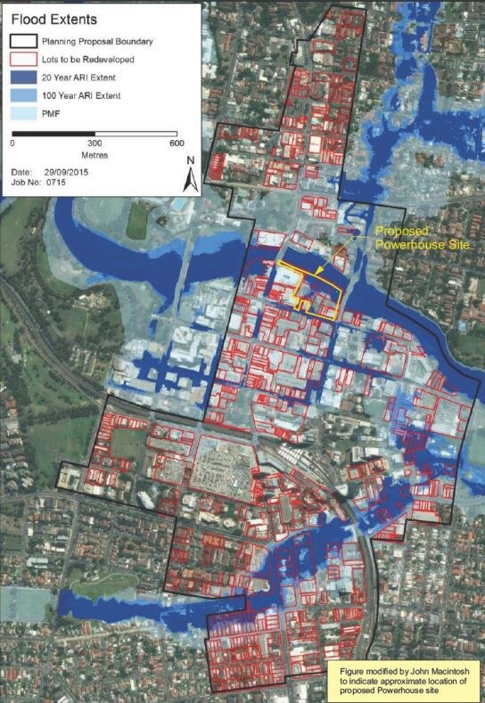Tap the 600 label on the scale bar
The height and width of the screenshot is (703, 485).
176,143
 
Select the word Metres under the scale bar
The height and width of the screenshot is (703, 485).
94,156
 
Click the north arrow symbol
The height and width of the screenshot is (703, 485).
190,181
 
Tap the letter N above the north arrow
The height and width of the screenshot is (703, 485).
190,161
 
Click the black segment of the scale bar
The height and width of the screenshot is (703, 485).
53,133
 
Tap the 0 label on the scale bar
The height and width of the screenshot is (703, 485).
12,143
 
